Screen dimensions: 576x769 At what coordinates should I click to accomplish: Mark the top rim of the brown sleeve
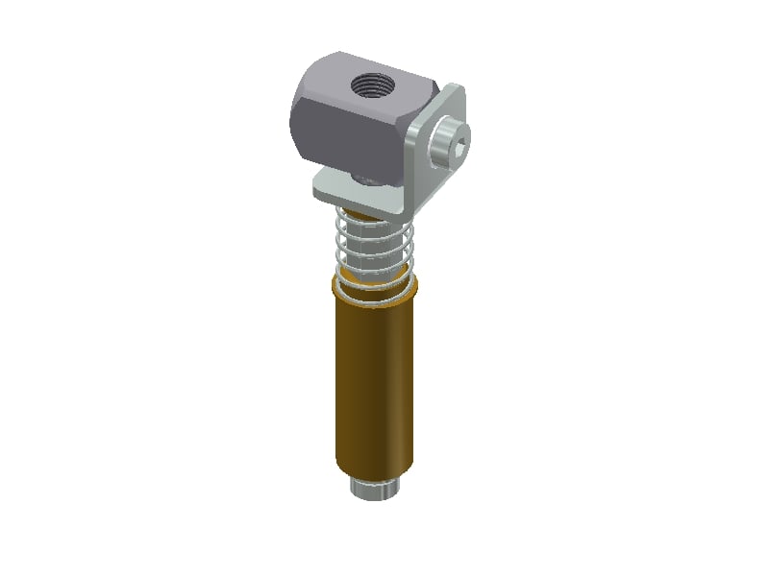coord(375,288)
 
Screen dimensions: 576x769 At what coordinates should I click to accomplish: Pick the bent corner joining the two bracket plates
coord(408,202)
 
